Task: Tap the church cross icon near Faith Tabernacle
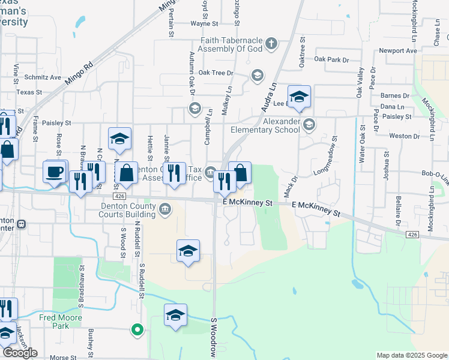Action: pyautogui.click(x=271, y=43)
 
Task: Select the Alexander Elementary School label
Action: pyautogui.click(x=265, y=125)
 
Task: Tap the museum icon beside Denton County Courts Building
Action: pyautogui.click(x=165, y=209)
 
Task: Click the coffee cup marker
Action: pyautogui.click(x=55, y=172)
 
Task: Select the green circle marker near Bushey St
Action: pyautogui.click(x=137, y=329)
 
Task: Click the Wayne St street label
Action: pyautogui.click(x=203, y=24)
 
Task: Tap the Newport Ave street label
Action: pyautogui.click(x=397, y=51)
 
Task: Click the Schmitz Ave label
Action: pyautogui.click(x=43, y=77)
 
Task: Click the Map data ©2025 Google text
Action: pyautogui.click(x=411, y=356)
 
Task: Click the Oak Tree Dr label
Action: pyautogui.click(x=215, y=73)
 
